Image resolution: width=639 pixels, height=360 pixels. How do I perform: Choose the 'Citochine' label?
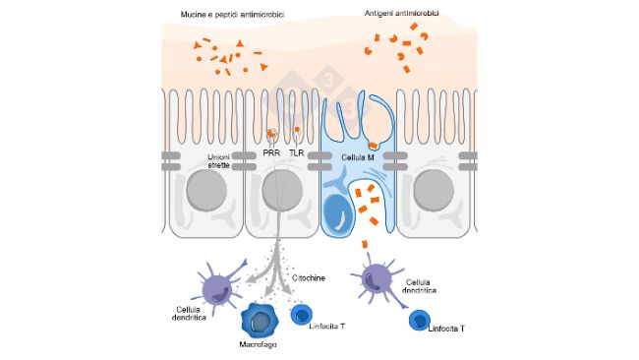310,279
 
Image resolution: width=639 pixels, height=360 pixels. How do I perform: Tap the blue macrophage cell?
260,321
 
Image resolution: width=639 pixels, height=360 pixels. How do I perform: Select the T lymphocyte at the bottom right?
420,321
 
